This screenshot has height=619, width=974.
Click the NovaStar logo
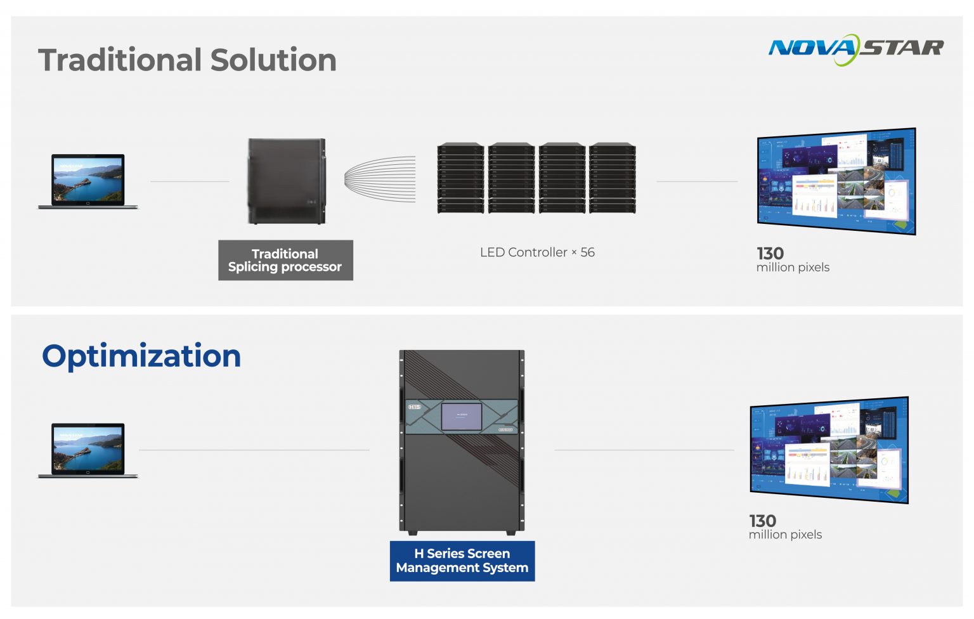[x=855, y=49]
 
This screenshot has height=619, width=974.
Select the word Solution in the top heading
[x=273, y=60]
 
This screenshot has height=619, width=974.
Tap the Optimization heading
[x=141, y=356]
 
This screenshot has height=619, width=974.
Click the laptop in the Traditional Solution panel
[x=88, y=181]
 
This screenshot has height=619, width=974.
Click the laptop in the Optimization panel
[x=88, y=450]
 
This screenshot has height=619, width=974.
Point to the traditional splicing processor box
[x=287, y=181]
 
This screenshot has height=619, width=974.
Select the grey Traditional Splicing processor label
[x=285, y=260]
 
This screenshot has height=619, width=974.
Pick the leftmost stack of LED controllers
[x=460, y=178]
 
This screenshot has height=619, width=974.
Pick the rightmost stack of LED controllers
[x=612, y=178]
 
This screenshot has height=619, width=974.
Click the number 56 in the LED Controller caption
[x=588, y=252]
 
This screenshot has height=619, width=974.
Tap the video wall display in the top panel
[x=836, y=181]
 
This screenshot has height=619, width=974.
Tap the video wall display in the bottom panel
[x=829, y=450]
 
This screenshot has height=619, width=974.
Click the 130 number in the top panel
[x=770, y=254]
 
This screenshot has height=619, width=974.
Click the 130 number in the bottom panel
[x=762, y=521]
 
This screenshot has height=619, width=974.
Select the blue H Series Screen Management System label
[x=462, y=561]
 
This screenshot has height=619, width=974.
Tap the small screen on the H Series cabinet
[x=462, y=416]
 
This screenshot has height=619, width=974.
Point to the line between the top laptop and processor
[x=190, y=181]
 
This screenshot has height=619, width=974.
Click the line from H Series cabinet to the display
[x=644, y=450]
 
